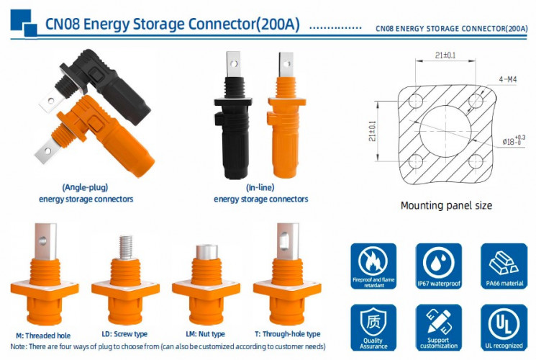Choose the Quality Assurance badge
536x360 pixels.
(x=373, y=328)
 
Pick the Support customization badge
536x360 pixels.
(x=437, y=328)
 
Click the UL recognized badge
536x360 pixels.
(x=504, y=328)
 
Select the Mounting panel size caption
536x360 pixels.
(x=446, y=205)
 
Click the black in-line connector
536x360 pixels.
(x=230, y=130)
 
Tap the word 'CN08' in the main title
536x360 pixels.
(x=62, y=24)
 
